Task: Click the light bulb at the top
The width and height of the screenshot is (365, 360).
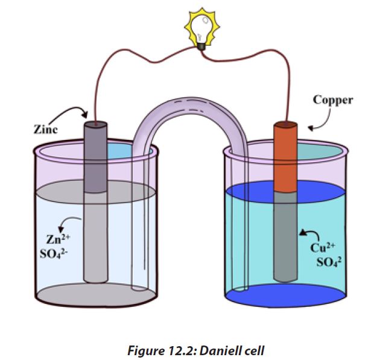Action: click(x=202, y=28)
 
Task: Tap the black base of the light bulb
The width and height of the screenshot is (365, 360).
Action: click(x=201, y=46)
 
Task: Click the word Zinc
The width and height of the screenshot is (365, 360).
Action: click(x=46, y=130)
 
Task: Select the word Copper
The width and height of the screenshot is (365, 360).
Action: click(x=333, y=100)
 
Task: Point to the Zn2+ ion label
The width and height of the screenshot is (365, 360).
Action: click(x=58, y=239)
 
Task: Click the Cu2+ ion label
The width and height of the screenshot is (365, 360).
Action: click(x=323, y=247)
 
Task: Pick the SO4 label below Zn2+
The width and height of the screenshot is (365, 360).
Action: click(x=54, y=254)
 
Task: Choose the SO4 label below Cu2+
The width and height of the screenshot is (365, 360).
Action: click(x=329, y=262)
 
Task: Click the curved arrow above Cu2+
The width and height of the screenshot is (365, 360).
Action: click(x=312, y=233)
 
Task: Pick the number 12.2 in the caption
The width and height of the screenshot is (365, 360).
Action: click(x=183, y=351)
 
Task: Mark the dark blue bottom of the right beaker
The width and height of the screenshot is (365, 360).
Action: click(x=285, y=295)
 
